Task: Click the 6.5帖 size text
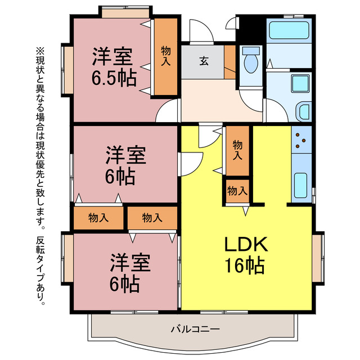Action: (x=114, y=78)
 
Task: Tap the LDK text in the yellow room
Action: (x=245, y=245)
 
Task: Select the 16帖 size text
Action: (x=245, y=265)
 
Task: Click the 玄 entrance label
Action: (x=202, y=61)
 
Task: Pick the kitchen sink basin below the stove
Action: (x=300, y=184)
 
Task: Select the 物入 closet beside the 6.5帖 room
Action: (x=166, y=57)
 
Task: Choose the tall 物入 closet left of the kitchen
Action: (x=237, y=150)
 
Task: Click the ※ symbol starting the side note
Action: (x=40, y=51)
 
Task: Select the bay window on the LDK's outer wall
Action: (x=318, y=258)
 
